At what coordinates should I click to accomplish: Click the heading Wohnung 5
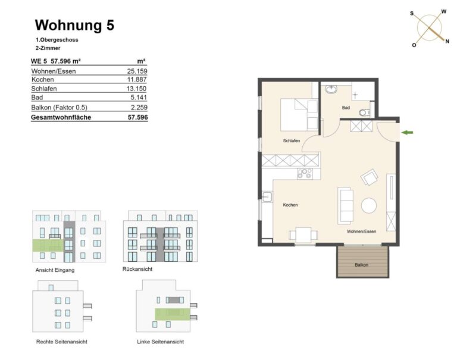[x=74, y=25]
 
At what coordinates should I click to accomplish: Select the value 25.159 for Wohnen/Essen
[x=137, y=71]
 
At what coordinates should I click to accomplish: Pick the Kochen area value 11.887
[x=137, y=79]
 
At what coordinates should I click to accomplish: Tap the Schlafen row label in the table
[x=44, y=89]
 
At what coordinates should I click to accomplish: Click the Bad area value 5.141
[x=139, y=98]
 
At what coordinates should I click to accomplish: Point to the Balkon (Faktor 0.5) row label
[x=59, y=107]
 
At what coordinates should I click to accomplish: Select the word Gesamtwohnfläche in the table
[x=61, y=117]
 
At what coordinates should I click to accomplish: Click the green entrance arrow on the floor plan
[x=407, y=133]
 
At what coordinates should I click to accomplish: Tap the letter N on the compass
[x=447, y=42]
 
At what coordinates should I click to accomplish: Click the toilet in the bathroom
[x=365, y=112]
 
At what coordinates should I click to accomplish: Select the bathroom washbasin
[x=331, y=89]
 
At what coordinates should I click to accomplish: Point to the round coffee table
[x=369, y=205]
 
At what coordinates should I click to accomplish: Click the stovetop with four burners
[x=305, y=174]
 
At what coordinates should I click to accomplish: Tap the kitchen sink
[x=267, y=198]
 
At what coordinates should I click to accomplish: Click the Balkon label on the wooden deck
[x=361, y=265]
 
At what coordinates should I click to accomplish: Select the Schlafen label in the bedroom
[x=292, y=141]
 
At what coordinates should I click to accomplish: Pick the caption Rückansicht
[x=137, y=269]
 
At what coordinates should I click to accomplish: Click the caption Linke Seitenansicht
[x=160, y=342]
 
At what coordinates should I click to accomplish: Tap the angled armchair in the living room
[x=370, y=177]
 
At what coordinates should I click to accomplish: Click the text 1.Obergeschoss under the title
[x=57, y=40]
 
